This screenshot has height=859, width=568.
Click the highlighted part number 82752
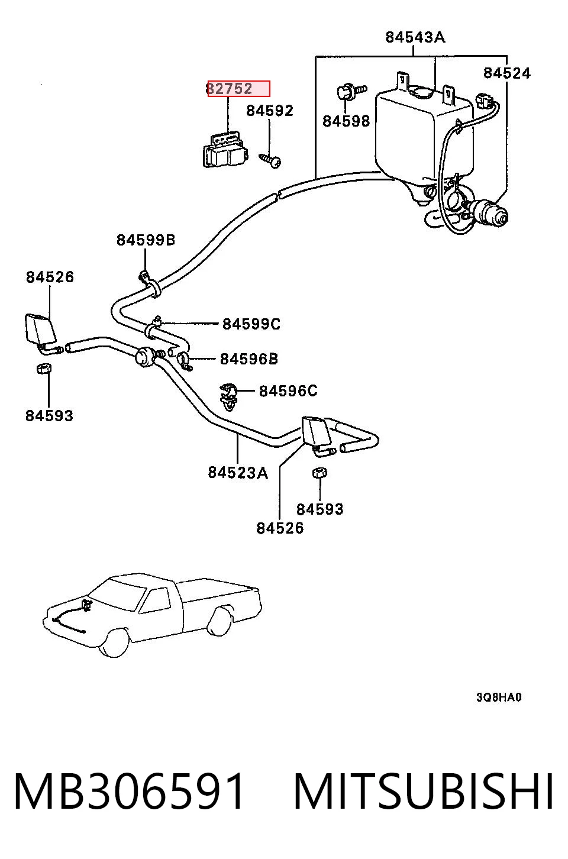[x=230, y=89]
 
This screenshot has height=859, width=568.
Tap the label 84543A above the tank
[x=415, y=37]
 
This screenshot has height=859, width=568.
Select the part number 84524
[x=506, y=73]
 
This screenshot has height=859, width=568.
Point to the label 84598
[x=346, y=121]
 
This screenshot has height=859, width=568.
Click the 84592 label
[x=270, y=111]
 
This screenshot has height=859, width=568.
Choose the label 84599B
[x=146, y=240]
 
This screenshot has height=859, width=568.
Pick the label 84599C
[x=251, y=324]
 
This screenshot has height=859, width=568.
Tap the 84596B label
[x=249, y=359]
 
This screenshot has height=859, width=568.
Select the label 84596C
[x=288, y=391]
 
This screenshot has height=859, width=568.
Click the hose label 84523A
[x=238, y=473]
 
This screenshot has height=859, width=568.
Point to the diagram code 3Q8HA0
[x=499, y=697]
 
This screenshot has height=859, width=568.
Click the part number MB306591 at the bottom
[x=129, y=791]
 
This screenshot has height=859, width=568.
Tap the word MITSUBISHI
[x=424, y=791]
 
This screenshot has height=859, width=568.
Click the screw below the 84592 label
[x=270, y=160]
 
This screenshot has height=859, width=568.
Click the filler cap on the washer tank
[x=421, y=92]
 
